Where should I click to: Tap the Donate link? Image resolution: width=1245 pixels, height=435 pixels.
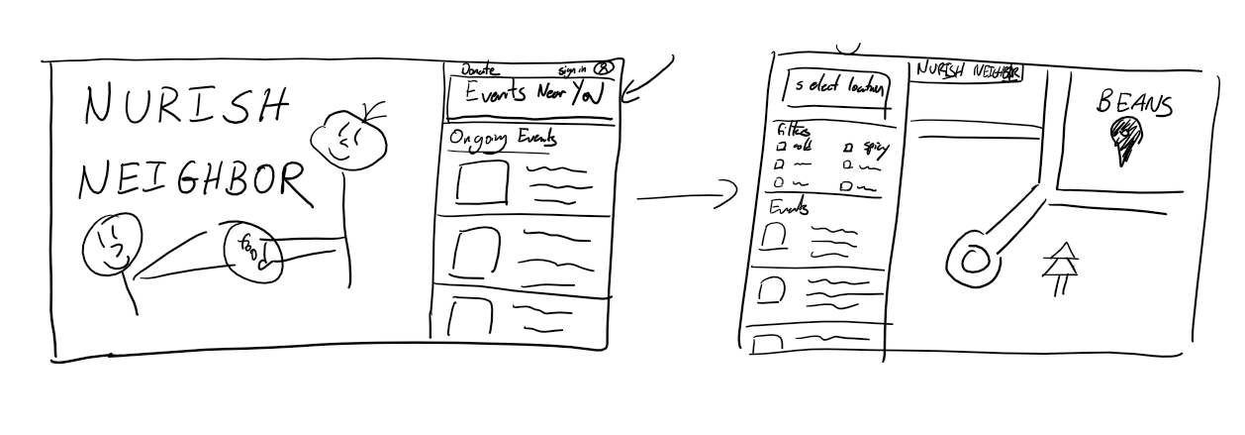(x=480, y=69)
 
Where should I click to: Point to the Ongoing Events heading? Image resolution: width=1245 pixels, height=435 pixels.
(x=503, y=141)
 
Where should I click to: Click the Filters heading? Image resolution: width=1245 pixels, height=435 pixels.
(x=791, y=132)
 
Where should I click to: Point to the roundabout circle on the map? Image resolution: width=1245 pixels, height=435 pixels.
(x=972, y=259)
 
